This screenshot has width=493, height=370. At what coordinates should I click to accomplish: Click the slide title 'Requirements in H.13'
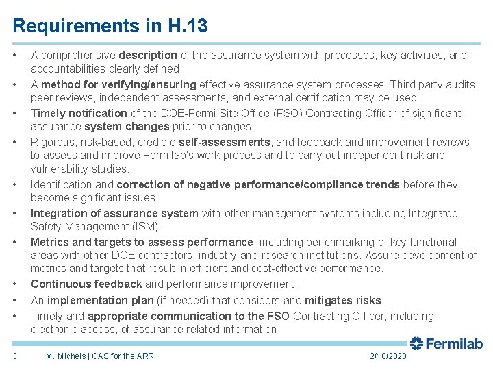(110, 26)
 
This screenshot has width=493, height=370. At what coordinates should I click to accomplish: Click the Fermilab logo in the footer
(446, 344)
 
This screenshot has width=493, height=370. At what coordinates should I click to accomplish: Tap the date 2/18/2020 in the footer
(388, 356)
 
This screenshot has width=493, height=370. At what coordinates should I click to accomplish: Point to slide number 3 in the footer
(15, 356)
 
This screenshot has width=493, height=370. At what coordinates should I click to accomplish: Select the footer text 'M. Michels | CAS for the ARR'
(99, 356)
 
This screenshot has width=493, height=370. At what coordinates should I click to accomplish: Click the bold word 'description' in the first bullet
(148, 56)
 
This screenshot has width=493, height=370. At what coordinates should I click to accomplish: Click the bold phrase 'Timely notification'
(79, 114)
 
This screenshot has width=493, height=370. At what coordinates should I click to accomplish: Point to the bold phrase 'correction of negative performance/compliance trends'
(258, 185)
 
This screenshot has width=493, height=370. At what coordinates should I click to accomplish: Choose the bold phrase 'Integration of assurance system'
(114, 214)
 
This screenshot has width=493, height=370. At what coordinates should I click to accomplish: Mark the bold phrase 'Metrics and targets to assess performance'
(142, 243)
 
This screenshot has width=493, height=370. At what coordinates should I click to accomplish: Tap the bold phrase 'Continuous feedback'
(86, 284)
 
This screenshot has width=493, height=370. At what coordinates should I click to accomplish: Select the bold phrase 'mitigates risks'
(344, 301)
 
